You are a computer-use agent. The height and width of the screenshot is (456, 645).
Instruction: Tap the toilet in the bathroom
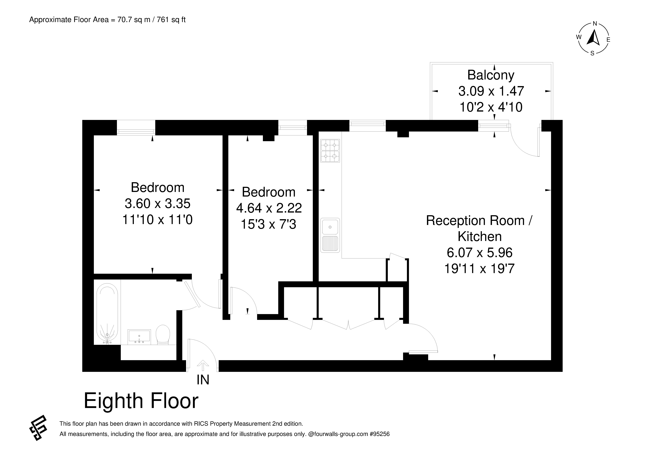tap(163, 335)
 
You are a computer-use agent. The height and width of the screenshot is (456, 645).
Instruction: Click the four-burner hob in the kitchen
tap(330, 151)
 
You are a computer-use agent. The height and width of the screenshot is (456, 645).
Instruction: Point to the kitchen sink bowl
tap(330, 227)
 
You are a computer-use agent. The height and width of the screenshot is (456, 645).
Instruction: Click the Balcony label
tap(491, 75)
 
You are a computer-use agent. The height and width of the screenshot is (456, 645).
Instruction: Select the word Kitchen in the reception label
tap(480, 236)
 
